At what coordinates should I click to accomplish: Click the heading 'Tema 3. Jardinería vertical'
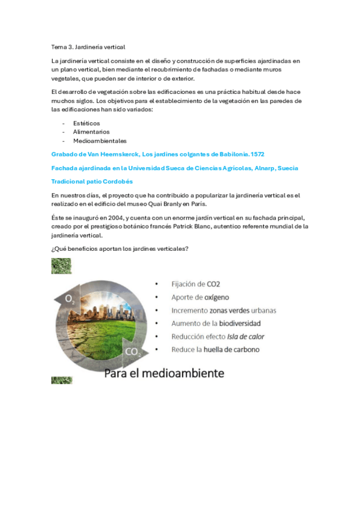pyautogui.click(x=88, y=46)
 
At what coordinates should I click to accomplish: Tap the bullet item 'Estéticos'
pyautogui.click(x=87, y=123)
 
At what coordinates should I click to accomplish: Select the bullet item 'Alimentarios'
pyautogui.click(x=91, y=132)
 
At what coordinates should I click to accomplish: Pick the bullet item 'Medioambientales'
pyautogui.click(x=100, y=141)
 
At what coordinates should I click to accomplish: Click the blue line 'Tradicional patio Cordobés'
pyautogui.click(x=92, y=181)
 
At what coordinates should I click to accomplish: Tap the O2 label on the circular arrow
pyautogui.click(x=70, y=298)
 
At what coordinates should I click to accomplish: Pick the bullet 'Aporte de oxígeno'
pyautogui.click(x=200, y=297)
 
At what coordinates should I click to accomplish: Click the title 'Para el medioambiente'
pyautogui.click(x=164, y=373)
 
